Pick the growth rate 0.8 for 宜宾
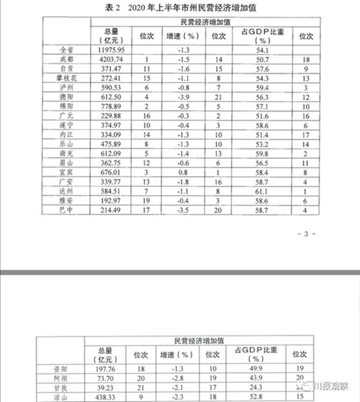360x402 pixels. (x=182, y=171)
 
